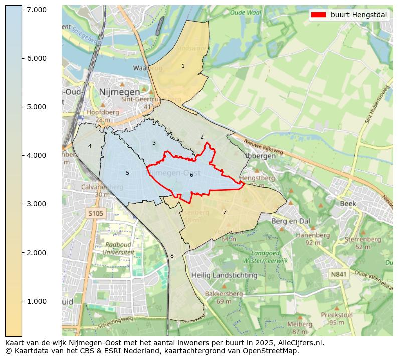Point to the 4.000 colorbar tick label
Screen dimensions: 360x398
tap(37, 155)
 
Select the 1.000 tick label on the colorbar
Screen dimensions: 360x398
tap(37, 301)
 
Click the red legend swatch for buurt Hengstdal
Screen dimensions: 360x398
tap(318, 15)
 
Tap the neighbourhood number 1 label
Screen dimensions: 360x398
tap(183, 66)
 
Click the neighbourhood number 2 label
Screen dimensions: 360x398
tap(202, 137)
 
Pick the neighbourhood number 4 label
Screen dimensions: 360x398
tap(90, 146)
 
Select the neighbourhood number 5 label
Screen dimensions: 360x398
tap(127, 173)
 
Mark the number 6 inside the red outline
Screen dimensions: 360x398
tap(191, 175)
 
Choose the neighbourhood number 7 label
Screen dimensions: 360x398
tap(225, 212)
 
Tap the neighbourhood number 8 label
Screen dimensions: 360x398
tap(172, 256)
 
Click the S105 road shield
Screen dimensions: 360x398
tap(96, 214)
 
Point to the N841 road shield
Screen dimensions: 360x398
tap(339, 274)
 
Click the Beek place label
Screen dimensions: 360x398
tap(348, 204)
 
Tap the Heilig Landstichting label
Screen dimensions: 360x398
tap(224, 275)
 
